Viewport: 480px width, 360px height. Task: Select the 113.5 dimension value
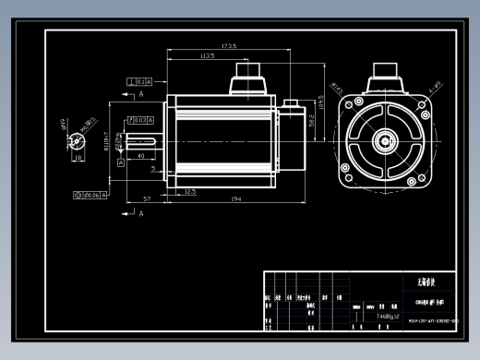coord(207,56)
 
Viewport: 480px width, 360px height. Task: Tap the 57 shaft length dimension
coord(146,199)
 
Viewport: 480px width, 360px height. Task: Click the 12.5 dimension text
coord(189,191)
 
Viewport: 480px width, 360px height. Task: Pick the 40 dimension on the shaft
coord(140,157)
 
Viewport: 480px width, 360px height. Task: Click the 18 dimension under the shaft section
coord(78,158)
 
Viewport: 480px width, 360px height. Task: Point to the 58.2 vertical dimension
coord(312,121)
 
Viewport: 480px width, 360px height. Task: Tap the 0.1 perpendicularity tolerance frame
coord(140,81)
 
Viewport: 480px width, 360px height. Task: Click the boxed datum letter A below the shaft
coord(120,162)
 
